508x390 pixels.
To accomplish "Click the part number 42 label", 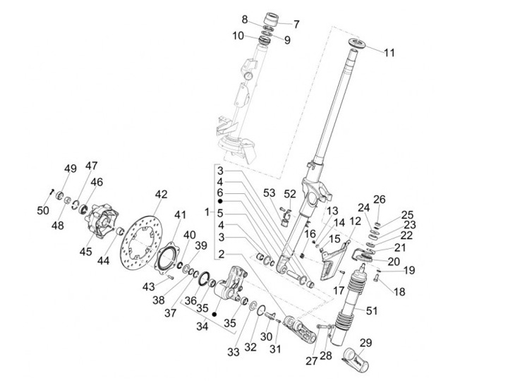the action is [161, 195].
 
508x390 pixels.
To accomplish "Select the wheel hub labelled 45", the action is [102, 219].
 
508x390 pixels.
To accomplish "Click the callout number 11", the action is [389, 52].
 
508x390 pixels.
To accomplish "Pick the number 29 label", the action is [365, 343].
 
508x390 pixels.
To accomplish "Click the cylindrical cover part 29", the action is [356, 359].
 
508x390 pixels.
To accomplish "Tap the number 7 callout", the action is [296, 24].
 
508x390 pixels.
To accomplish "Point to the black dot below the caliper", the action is [214, 315].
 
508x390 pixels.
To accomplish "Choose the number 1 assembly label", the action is [207, 212].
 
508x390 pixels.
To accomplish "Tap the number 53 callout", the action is [269, 193].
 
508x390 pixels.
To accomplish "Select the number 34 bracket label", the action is [202, 327].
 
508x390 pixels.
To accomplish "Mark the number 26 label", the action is [380, 200].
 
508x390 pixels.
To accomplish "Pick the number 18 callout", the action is [399, 291].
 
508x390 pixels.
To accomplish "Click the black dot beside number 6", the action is [220, 201].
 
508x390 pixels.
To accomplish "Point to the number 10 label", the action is [238, 35].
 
